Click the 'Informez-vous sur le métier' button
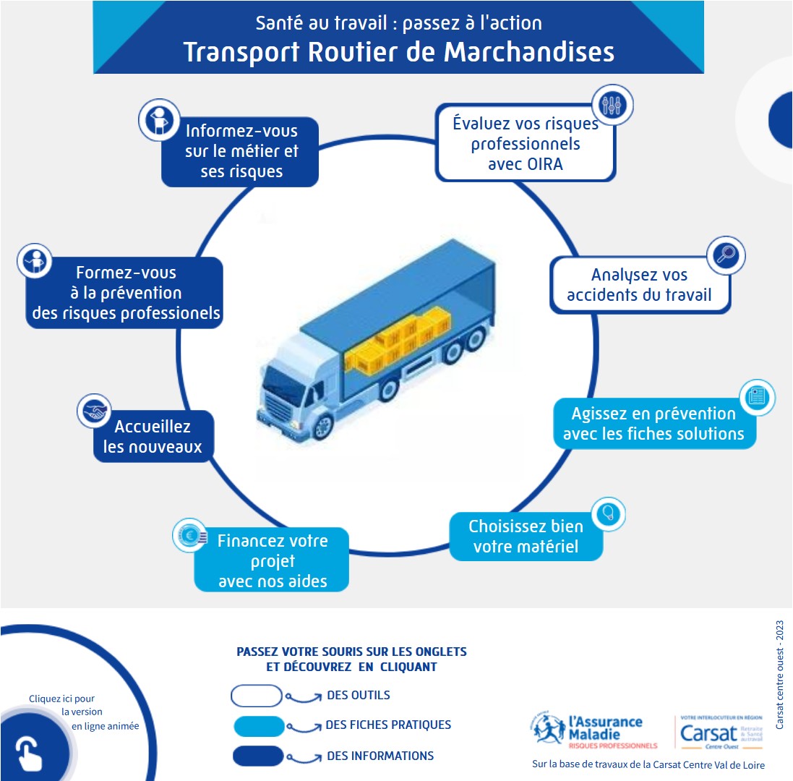241,152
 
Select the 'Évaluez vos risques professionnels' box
525,144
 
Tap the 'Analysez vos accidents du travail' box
639,284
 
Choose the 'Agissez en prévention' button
653,424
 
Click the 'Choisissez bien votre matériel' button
526,536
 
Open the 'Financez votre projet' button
272,560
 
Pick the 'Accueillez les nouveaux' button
153,436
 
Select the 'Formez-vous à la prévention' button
124,294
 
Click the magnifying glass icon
725,255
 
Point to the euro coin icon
190,536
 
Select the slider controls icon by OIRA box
612,105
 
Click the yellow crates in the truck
402,342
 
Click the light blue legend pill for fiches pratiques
259,725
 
